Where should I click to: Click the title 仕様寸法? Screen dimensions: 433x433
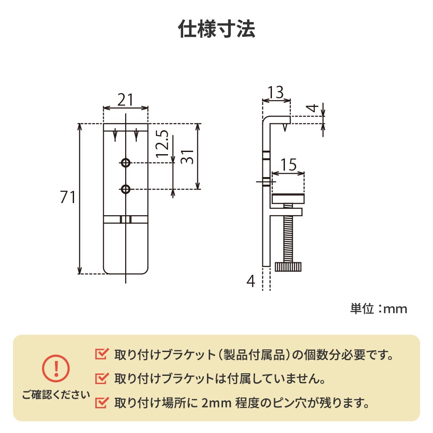pos(216,29)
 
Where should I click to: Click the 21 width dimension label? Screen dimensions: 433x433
pos(125,100)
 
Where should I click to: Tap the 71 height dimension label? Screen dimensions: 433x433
pos(68,198)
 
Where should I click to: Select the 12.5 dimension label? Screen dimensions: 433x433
pos(162,143)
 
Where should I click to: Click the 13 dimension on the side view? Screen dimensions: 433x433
pos(275,92)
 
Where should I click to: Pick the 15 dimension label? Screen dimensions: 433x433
pos(288,165)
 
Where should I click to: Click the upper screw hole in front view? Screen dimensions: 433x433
pos(126,163)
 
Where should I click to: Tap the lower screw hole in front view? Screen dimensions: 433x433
pos(126,189)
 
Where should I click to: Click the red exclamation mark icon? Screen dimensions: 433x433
pos(55,368)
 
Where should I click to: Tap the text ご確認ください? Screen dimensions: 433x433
pos(56,394)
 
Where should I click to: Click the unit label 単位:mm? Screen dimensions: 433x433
pos(378,309)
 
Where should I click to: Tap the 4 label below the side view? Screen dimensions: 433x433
pos(251,282)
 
